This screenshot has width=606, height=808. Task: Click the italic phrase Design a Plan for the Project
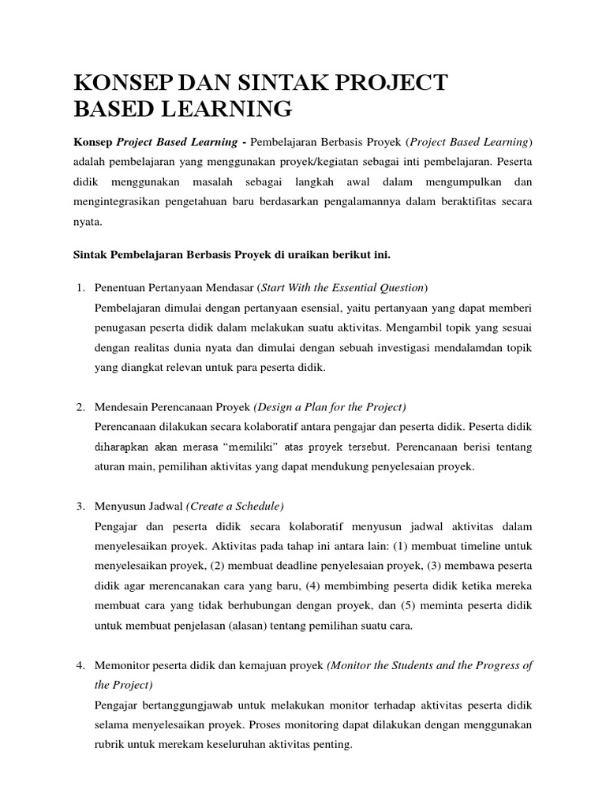pos(330,406)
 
